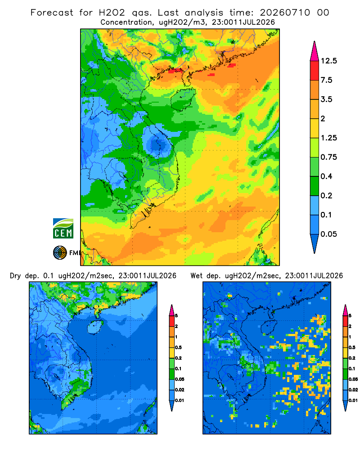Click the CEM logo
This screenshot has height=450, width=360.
(x=63, y=228)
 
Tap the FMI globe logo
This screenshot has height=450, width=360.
(x=60, y=252)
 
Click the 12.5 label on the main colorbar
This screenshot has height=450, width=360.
(x=329, y=61)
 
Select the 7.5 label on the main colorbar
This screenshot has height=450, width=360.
(x=327, y=80)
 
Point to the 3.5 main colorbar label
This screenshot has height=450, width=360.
(x=327, y=99)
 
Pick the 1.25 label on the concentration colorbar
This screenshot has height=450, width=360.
(x=329, y=138)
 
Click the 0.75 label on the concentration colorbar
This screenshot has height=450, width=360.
(x=329, y=157)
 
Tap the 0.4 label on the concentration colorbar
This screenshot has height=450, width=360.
(x=327, y=176)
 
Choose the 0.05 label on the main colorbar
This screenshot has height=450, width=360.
(x=329, y=234)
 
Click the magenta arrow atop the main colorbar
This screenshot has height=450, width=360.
(x=315, y=52)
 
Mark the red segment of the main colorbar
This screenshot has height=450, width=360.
(x=315, y=71)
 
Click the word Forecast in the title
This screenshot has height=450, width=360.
(x=52, y=13)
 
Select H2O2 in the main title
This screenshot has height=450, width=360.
(x=112, y=13)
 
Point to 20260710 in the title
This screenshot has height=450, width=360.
(x=285, y=13)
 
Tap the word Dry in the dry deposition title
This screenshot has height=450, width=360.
(x=15, y=276)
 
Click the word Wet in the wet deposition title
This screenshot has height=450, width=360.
(x=197, y=276)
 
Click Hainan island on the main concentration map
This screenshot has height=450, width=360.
(x=183, y=99)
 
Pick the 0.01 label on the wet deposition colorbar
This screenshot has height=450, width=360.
(x=353, y=400)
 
